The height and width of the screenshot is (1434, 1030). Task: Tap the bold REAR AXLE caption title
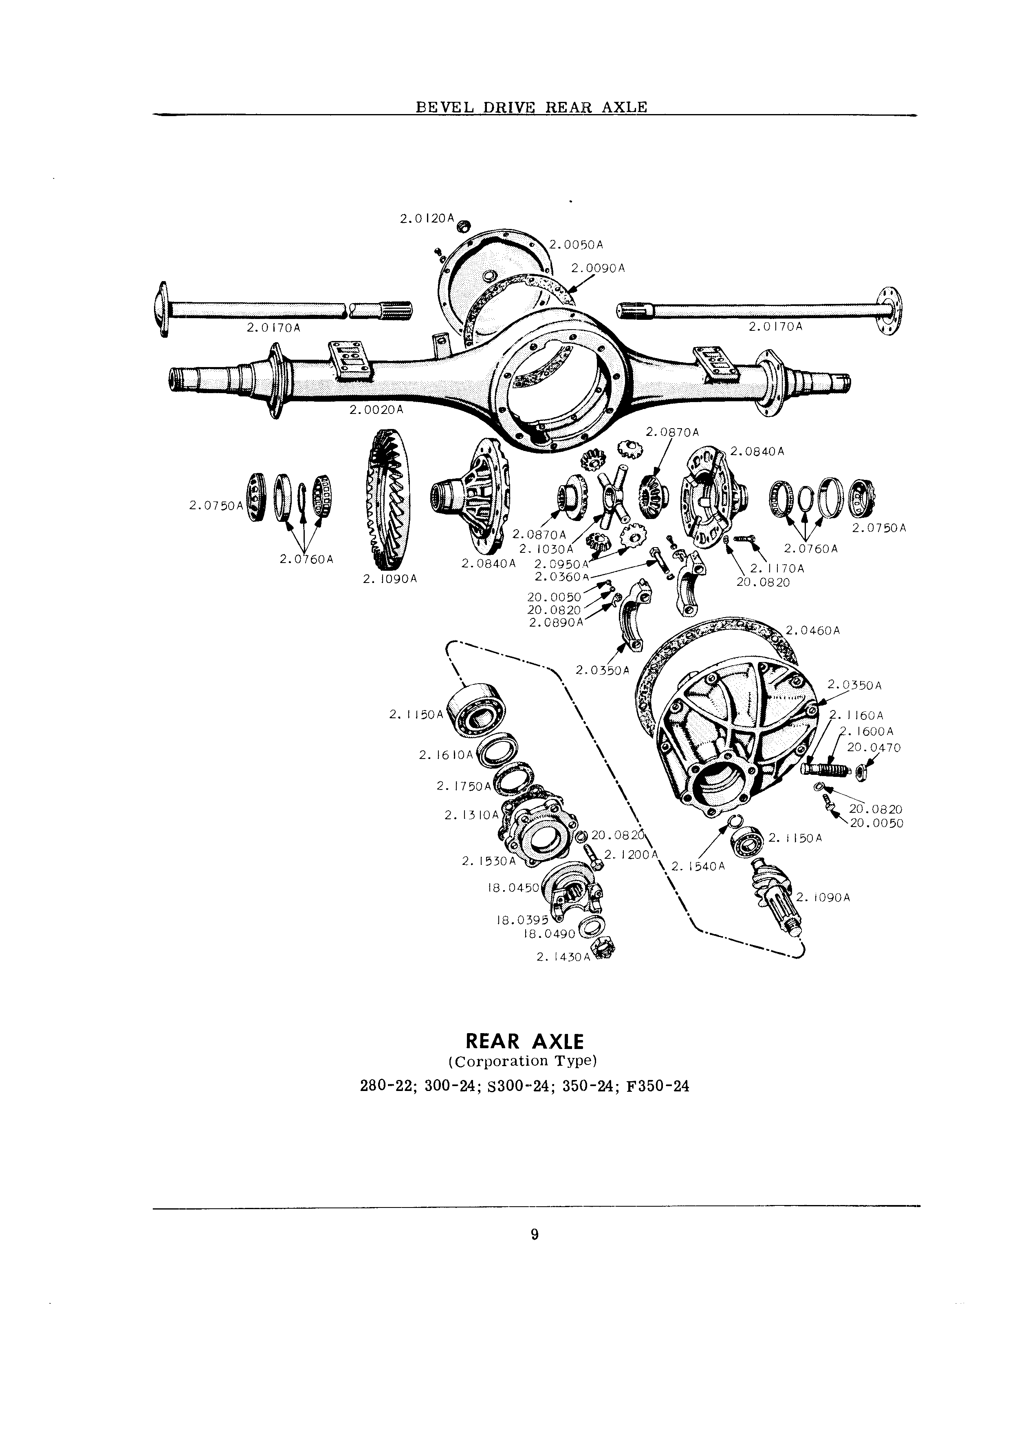click(x=525, y=1041)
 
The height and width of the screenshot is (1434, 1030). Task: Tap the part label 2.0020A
click(x=376, y=410)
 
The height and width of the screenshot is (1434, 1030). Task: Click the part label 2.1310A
click(x=472, y=816)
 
